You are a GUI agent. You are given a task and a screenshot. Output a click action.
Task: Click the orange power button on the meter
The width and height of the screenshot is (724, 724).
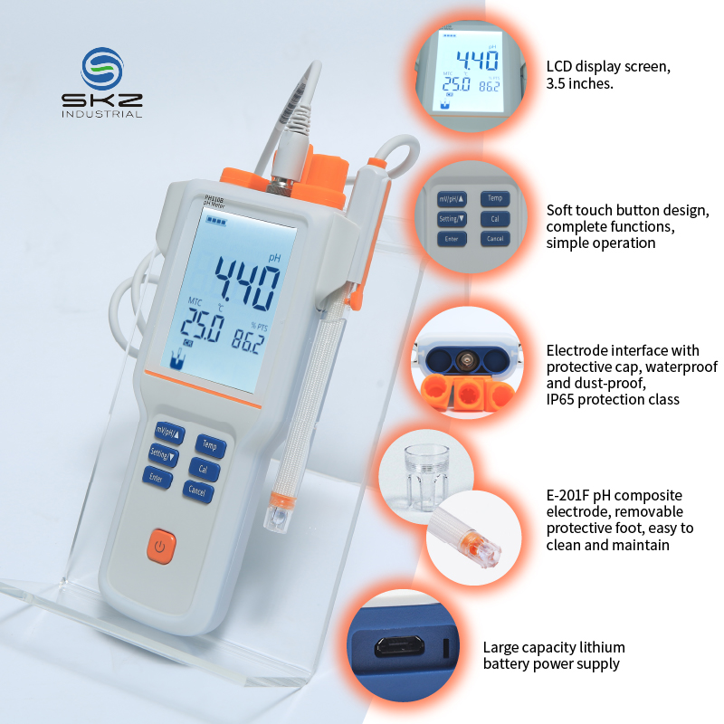[161, 547]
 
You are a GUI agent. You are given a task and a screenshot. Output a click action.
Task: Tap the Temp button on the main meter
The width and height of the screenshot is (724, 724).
[210, 445]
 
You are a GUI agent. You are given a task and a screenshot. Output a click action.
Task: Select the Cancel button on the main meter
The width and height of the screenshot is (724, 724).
[197, 491]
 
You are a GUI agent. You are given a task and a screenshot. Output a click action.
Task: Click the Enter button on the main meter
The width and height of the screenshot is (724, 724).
[157, 478]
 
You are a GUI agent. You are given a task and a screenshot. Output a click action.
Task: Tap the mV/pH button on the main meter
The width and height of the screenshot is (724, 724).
[169, 433]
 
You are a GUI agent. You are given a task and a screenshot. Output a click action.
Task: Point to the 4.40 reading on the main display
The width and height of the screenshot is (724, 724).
[248, 282]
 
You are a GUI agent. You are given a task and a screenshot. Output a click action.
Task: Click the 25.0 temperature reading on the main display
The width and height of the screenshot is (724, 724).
[202, 325]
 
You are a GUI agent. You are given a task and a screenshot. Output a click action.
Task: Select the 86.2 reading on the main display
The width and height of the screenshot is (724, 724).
[248, 342]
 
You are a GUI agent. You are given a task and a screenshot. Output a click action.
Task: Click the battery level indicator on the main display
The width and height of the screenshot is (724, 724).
[216, 221]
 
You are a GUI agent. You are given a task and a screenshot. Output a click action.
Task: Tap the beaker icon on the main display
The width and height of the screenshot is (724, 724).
[176, 359]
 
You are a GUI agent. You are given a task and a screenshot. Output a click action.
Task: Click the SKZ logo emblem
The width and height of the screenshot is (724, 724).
[102, 69]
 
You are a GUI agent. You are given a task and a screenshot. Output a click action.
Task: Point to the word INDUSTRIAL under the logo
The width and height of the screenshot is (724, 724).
[102, 114]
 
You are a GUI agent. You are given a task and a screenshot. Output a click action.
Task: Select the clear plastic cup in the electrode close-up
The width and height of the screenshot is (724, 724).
[425, 476]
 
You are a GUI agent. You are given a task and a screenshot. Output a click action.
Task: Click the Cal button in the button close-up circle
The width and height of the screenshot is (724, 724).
[495, 219]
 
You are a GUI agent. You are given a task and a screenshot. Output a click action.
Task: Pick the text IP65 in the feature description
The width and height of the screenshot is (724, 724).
[560, 399]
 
